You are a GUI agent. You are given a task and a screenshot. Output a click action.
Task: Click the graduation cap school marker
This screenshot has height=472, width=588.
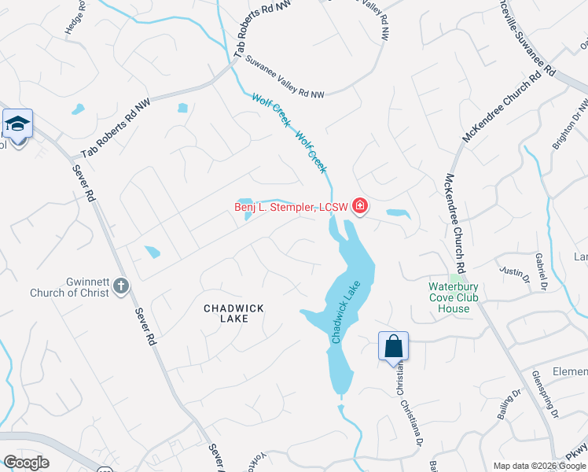[17, 124]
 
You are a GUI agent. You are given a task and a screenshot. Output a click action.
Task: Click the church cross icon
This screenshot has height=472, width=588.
[120, 285]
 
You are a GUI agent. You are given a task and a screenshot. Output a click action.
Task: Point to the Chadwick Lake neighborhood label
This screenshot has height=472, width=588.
[234, 313]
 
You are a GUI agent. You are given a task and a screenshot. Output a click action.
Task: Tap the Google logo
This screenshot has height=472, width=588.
[26, 463]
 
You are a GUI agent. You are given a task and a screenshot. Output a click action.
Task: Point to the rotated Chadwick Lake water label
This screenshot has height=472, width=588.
[347, 312]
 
